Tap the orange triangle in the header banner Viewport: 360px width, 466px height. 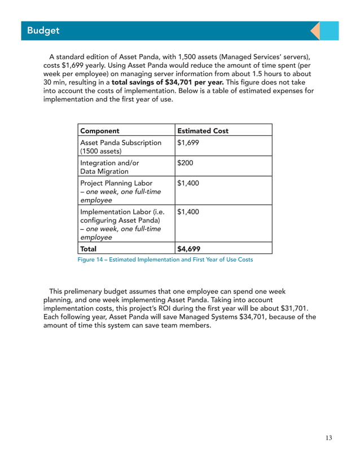tap(316, 30)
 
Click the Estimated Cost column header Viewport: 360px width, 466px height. tap(203, 131)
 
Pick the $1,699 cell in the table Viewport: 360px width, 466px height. tap(188, 143)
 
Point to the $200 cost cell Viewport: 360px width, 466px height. tap(185, 163)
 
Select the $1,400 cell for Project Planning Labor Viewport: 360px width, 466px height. tap(188, 183)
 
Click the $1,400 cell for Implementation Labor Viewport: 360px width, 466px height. tap(188, 212)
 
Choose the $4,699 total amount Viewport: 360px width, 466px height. tap(188, 248)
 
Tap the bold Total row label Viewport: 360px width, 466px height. tap(89, 248)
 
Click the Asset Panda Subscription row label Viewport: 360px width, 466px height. tap(120, 143)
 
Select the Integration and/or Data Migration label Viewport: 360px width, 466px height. tap(109, 167)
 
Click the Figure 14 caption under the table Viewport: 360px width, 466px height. tap(165, 260)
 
